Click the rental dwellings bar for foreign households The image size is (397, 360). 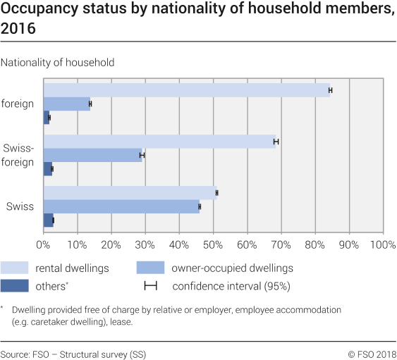(187, 90)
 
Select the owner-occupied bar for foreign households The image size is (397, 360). (67, 104)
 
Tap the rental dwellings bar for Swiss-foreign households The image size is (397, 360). (160, 142)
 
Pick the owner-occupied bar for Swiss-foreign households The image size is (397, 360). (93, 155)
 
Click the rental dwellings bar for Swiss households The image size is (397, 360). (130, 192)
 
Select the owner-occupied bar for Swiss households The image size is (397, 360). (121, 206)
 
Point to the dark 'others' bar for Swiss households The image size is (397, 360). (49, 220)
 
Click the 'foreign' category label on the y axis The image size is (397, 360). (18, 104)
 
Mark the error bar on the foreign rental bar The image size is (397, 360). (330, 90)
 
